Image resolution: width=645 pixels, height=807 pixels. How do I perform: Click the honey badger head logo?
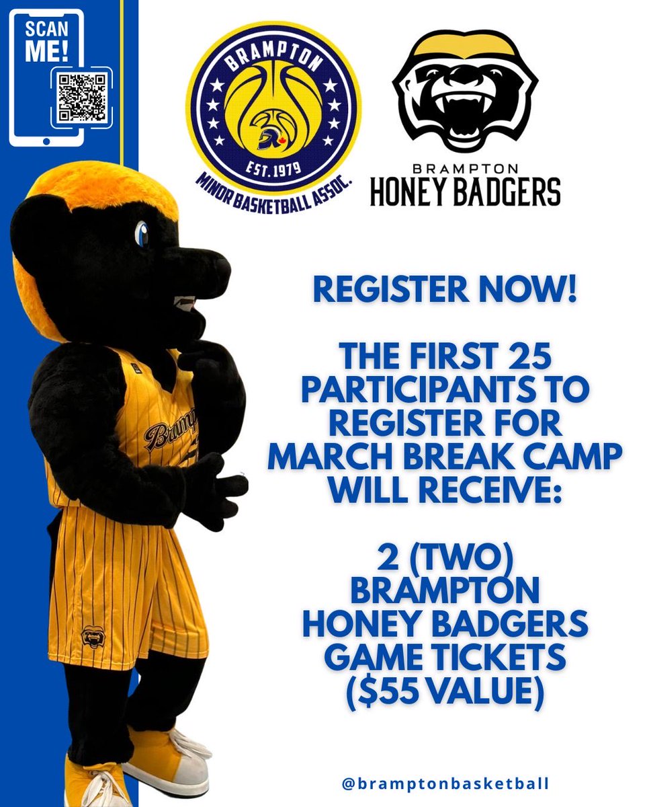(x=466, y=93)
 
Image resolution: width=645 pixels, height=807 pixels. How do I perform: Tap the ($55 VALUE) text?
(x=445, y=691)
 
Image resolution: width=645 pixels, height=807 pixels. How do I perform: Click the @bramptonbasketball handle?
(x=445, y=783)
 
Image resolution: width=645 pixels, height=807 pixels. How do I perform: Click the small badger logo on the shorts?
(x=91, y=636)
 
